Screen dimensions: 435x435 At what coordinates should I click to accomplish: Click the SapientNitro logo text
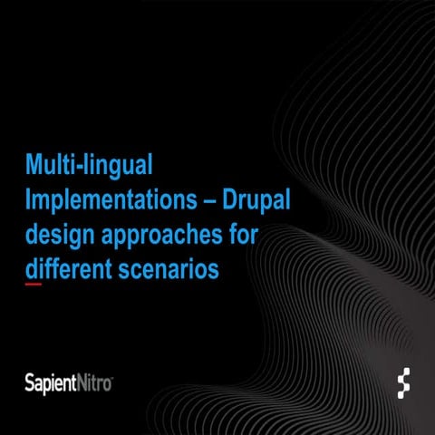[x=69, y=382]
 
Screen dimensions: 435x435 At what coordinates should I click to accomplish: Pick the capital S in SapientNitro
[x=30, y=382]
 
